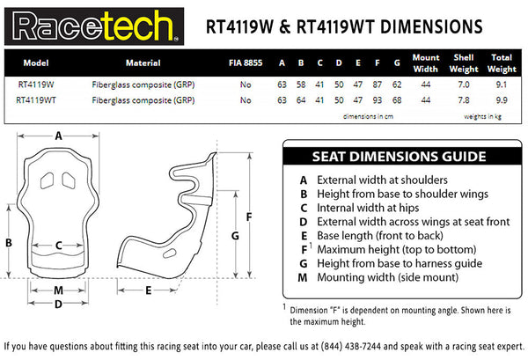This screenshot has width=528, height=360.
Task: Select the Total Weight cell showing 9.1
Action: point(501,85)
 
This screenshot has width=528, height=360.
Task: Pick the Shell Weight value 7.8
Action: point(463,100)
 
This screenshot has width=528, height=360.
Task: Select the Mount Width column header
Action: point(425,63)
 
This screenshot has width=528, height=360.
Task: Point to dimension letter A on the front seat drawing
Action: point(58,136)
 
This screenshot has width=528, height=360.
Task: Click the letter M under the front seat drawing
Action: point(58,290)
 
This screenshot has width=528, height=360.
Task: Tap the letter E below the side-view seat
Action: point(149,290)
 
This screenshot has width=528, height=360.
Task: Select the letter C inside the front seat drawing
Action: point(58,246)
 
